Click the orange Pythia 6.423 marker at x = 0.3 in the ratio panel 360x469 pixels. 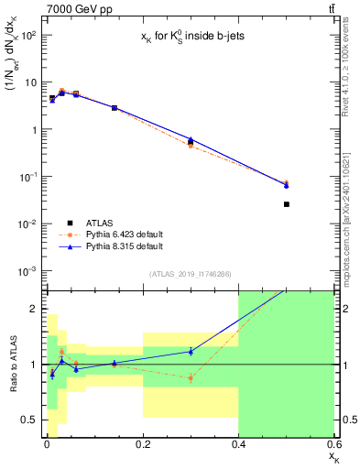191,377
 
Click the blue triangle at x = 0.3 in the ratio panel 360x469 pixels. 191,351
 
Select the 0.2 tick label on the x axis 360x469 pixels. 142,445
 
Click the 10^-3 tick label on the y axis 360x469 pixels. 29,271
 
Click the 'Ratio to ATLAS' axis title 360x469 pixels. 11,365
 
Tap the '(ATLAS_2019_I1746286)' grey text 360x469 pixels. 190,274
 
